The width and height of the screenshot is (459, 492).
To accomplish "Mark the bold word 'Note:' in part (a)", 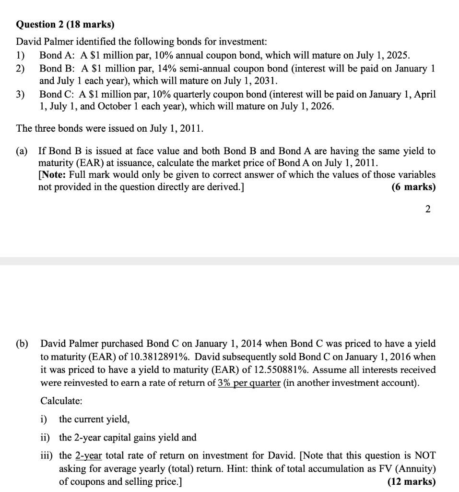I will coord(52,175).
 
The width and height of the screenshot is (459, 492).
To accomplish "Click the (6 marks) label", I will coord(413,187).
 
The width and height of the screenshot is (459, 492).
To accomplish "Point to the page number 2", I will coord(428,209).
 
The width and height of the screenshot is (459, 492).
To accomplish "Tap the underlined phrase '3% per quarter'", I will coord(249,383).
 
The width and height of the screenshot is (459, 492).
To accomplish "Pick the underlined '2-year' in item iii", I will coord(88,455).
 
